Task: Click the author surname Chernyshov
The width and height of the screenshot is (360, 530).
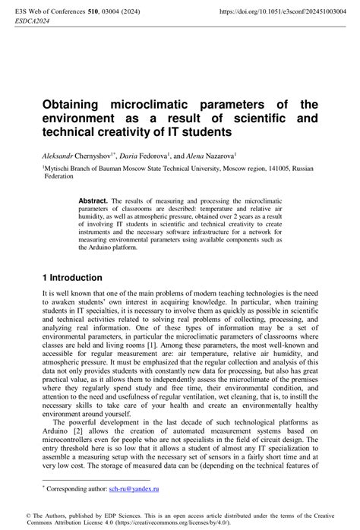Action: point(96,153)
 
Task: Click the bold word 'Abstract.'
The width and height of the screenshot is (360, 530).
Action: point(93,200)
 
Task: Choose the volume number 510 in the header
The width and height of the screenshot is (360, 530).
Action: point(97,12)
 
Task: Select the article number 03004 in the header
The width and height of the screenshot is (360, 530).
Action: point(120,12)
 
